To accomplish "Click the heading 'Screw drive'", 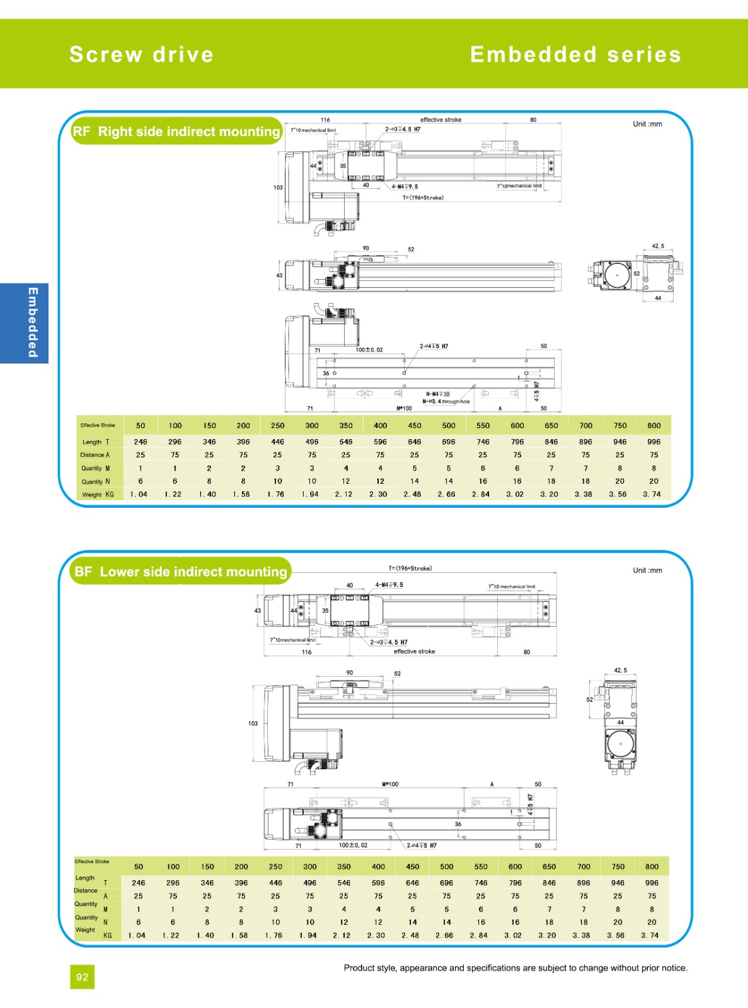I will (141, 55).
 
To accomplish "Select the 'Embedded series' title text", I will (575, 55).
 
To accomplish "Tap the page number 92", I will (82, 977).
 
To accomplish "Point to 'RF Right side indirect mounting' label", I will (176, 132).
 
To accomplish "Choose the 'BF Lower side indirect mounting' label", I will (181, 572).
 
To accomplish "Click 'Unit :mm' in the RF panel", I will (647, 124).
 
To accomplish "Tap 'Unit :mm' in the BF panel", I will (647, 570).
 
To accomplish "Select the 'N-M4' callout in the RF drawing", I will (437, 394).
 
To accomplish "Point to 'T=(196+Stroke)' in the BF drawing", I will (410, 568).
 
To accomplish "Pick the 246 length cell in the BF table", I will (139, 883).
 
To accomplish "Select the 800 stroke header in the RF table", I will (653, 425).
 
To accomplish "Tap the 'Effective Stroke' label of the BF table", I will (92, 861).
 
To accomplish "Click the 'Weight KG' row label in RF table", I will (98, 495).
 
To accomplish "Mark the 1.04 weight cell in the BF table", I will (137, 936).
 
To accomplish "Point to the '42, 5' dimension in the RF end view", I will (658, 246).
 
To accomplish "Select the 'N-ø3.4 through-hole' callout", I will (446, 401).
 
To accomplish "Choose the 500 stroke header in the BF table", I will (446, 867).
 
